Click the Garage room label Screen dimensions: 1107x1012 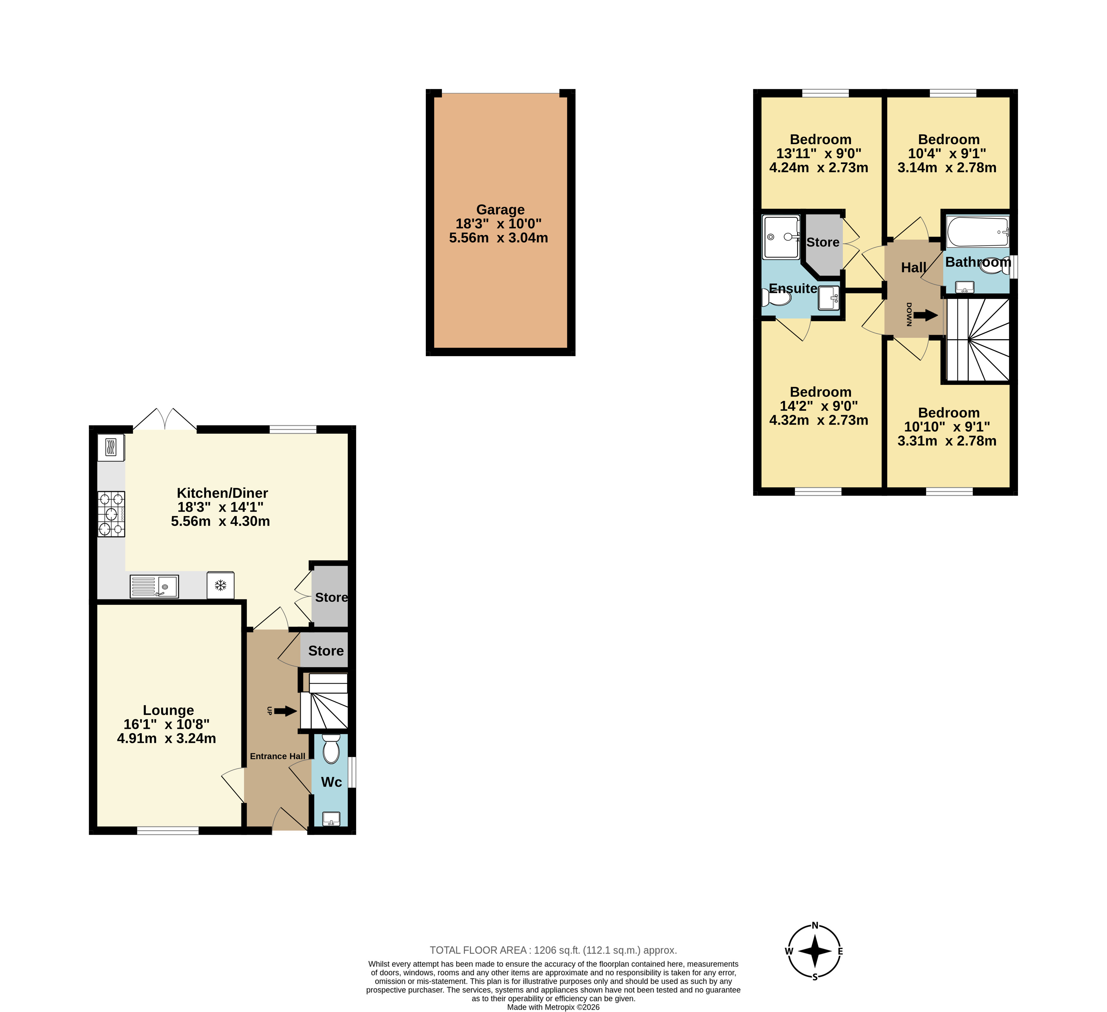click(500, 210)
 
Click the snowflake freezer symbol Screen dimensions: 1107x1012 click(221, 585)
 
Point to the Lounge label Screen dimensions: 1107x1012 click(168, 710)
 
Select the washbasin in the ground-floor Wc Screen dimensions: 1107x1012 click(331, 819)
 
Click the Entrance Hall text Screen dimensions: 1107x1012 click(277, 756)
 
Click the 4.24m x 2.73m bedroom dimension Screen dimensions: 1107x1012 click(819, 168)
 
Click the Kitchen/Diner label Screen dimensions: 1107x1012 click(223, 493)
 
